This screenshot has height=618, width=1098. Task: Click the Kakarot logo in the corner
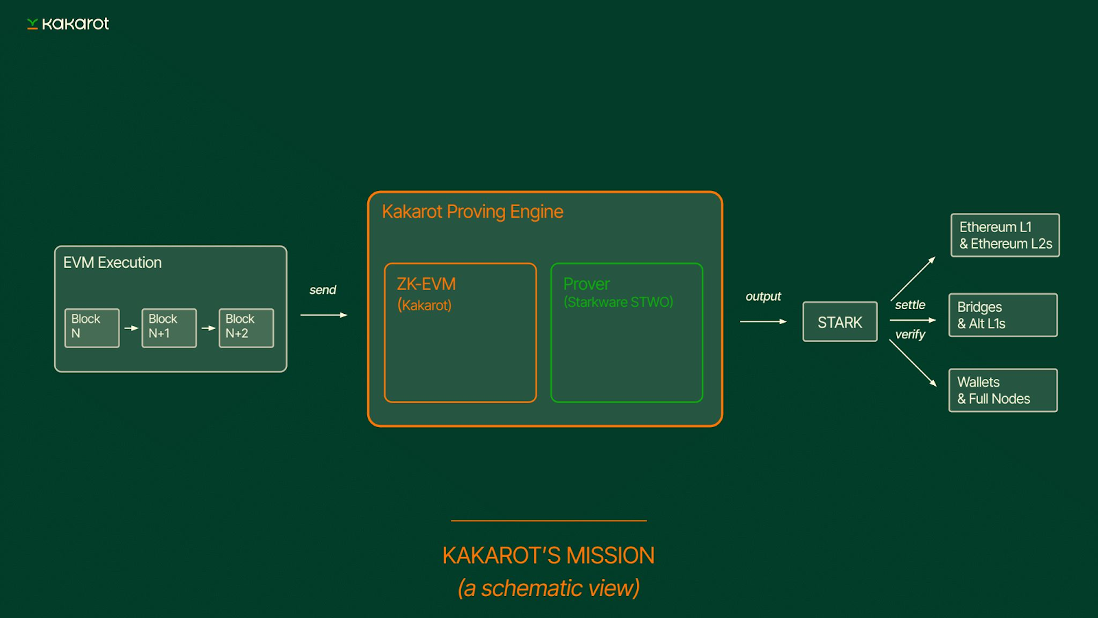pyautogui.click(x=68, y=24)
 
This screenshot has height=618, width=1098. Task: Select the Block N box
pyautogui.click(x=92, y=328)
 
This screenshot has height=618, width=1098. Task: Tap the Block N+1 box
pyautogui.click(x=169, y=328)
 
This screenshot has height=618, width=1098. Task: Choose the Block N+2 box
pyautogui.click(x=246, y=328)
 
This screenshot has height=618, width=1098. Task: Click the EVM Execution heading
pyautogui.click(x=113, y=262)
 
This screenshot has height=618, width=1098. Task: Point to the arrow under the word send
pyautogui.click(x=323, y=315)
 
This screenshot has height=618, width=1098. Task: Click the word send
pyautogui.click(x=323, y=290)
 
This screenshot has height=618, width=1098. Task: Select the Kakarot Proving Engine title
pyautogui.click(x=472, y=211)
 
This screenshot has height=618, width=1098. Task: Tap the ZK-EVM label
pyautogui.click(x=426, y=284)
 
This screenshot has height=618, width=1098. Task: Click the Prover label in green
pyautogui.click(x=586, y=284)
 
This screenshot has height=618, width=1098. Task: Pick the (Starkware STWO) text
pyautogui.click(x=618, y=302)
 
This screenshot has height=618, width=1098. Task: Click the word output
pyautogui.click(x=763, y=296)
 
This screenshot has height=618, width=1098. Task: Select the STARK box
pyautogui.click(x=840, y=322)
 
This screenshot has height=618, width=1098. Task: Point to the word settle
pyautogui.click(x=910, y=305)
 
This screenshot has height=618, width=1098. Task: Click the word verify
pyautogui.click(x=910, y=334)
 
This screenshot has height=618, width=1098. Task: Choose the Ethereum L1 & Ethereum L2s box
pyautogui.click(x=1005, y=236)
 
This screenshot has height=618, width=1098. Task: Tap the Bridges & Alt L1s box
pyautogui.click(x=1003, y=315)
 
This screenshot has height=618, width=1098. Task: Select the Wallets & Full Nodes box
pyautogui.click(x=1003, y=391)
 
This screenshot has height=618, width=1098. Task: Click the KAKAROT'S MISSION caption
pyautogui.click(x=548, y=556)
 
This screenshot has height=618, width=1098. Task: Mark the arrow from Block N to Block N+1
pyautogui.click(x=130, y=328)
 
